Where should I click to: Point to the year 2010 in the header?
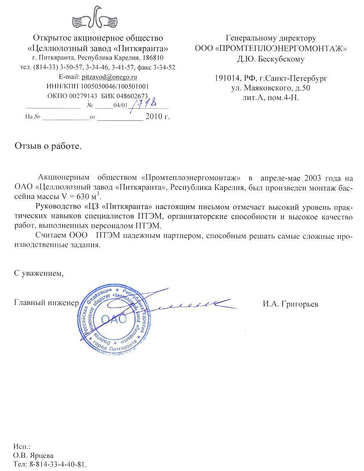coord(153,117)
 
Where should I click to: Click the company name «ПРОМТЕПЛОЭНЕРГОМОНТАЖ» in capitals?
coord(281,49)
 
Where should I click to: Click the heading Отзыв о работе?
coord(48,146)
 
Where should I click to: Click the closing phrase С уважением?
coord(38,273)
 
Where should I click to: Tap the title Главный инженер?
coord(46,303)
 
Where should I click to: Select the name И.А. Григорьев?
coord(290,304)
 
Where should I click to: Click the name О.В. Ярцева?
coord(33,456)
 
